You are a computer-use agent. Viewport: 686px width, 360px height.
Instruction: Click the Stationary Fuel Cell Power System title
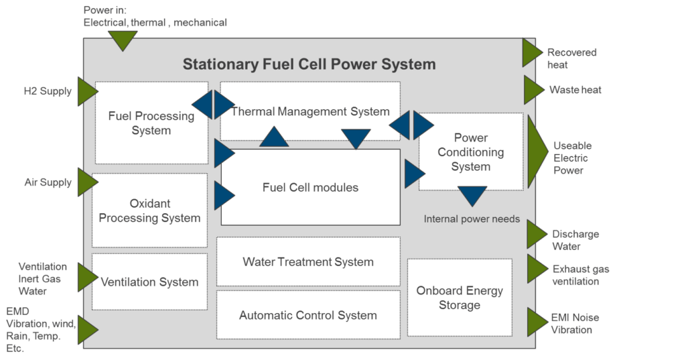[x=309, y=64]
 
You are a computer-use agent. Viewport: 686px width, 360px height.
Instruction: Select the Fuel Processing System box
[x=151, y=123]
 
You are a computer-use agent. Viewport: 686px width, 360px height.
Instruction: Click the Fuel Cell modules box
[x=311, y=188]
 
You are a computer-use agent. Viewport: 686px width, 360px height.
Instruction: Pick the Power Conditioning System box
[x=471, y=152]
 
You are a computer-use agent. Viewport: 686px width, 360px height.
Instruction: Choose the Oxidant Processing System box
[x=149, y=211]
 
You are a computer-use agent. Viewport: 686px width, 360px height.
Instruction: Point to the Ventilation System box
[x=149, y=282]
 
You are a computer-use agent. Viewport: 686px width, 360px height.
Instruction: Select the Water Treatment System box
[x=308, y=262]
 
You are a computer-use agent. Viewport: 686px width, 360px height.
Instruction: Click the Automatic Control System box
[x=308, y=315]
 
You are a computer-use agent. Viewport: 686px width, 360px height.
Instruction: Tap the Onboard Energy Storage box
[x=460, y=298]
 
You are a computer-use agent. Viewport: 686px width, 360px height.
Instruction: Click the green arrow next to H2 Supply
[x=88, y=92]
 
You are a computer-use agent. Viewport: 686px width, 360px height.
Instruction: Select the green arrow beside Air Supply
[x=88, y=182]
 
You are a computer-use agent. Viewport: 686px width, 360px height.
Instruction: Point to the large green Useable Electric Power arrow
[x=537, y=152]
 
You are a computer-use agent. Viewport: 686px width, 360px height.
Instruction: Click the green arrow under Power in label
[x=123, y=40]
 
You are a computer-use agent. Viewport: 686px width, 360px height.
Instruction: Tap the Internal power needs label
[x=472, y=219]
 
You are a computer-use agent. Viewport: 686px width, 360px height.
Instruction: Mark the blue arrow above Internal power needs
[x=472, y=196]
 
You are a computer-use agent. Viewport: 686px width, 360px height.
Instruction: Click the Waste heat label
[x=575, y=90]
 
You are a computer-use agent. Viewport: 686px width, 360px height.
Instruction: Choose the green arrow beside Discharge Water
[x=537, y=235]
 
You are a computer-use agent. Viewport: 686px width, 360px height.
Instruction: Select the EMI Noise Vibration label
[x=575, y=324]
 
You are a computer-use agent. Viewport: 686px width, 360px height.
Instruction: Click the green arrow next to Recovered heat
[x=533, y=52]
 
